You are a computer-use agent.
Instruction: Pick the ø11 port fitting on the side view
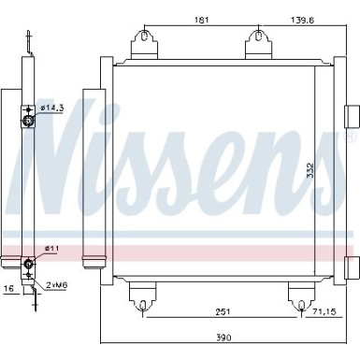(28, 261)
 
